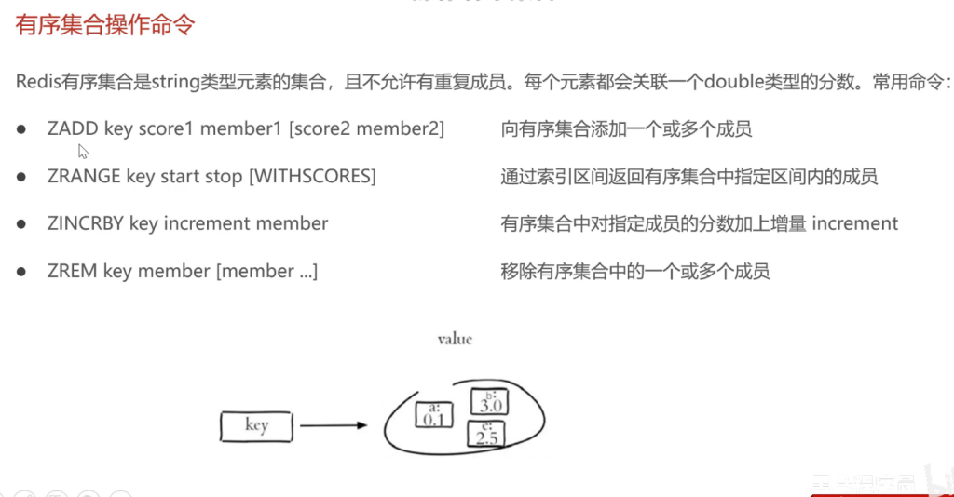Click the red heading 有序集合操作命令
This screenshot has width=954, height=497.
click(x=105, y=24)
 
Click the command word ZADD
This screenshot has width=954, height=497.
click(x=73, y=128)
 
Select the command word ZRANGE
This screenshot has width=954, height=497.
click(x=84, y=176)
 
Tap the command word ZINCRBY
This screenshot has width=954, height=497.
click(x=85, y=223)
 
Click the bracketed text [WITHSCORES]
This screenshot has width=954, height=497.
click(x=312, y=176)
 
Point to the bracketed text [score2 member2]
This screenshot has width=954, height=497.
click(x=367, y=128)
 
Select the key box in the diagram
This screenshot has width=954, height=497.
click(x=256, y=426)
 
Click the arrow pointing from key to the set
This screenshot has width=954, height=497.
click(x=333, y=426)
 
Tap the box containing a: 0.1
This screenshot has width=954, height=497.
click(x=433, y=415)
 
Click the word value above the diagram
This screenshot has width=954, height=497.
click(x=455, y=339)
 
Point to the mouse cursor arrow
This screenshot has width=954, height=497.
click(x=83, y=151)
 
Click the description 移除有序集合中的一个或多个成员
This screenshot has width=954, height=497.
click(x=635, y=271)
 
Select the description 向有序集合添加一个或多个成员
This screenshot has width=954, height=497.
click(x=626, y=128)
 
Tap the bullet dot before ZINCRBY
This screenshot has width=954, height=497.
click(x=20, y=223)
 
